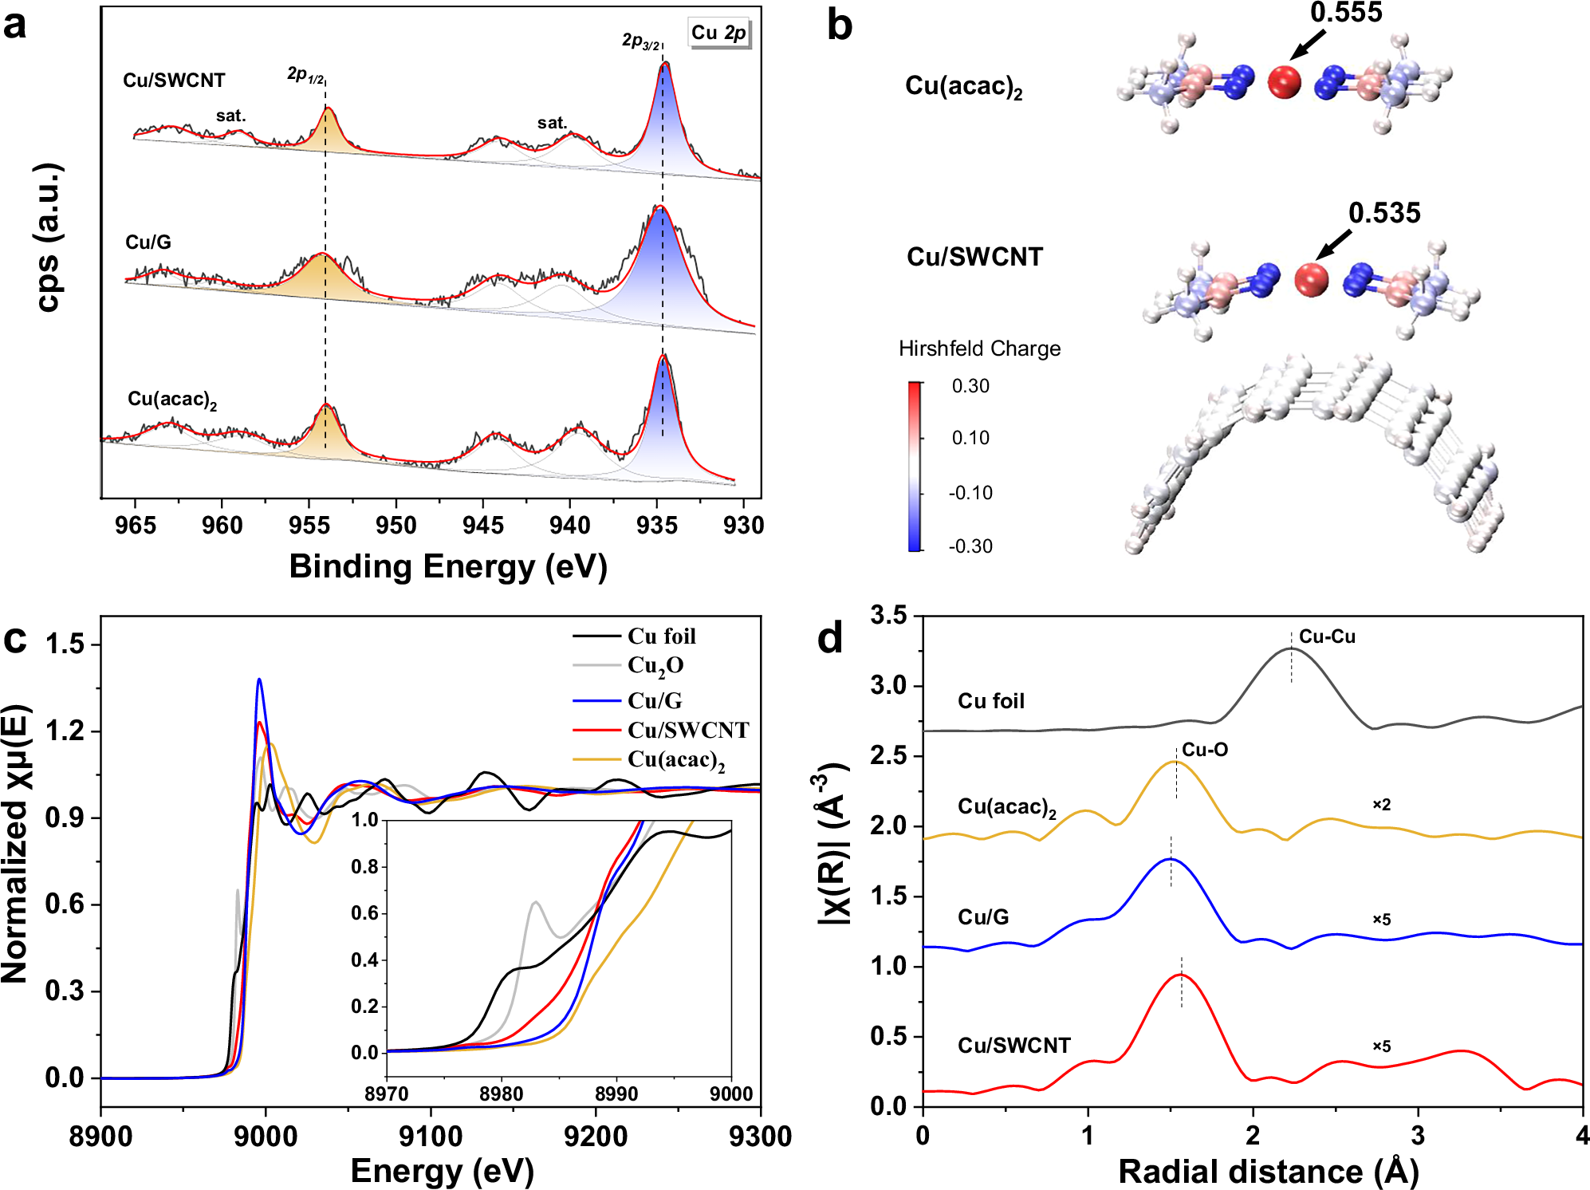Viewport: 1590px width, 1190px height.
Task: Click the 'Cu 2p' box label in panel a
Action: (718, 33)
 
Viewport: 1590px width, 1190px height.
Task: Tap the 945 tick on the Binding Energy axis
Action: (482, 526)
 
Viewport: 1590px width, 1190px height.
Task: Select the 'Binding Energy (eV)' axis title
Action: (448, 566)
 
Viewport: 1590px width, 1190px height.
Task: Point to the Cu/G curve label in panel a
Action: (148, 242)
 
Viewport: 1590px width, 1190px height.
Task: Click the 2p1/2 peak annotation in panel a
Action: (305, 75)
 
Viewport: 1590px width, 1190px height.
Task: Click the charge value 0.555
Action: (1346, 14)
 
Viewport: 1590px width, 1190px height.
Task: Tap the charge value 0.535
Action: (1384, 213)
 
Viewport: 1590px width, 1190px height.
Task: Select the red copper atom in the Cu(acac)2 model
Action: (1284, 82)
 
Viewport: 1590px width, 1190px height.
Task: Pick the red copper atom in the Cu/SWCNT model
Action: (1311, 279)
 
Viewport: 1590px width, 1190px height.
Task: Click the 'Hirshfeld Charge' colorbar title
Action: (979, 349)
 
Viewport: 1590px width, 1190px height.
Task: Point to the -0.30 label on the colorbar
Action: (970, 546)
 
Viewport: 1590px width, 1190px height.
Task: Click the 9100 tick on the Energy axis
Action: (431, 1136)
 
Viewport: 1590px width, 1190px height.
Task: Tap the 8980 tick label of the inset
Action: (501, 1093)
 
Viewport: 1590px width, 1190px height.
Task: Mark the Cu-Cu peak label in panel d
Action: (1327, 636)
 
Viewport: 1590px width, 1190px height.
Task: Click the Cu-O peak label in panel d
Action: (1204, 750)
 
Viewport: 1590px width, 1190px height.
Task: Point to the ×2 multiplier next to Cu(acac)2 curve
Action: (1381, 805)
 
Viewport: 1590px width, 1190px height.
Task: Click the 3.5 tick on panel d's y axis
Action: (888, 615)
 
